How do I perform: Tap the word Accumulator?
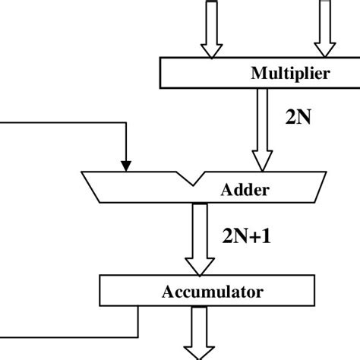212,291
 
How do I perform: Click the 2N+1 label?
247,236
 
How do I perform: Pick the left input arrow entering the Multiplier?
210,30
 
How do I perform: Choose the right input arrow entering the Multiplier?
325,30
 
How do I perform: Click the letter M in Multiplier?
257,74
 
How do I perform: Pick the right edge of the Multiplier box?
359,74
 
